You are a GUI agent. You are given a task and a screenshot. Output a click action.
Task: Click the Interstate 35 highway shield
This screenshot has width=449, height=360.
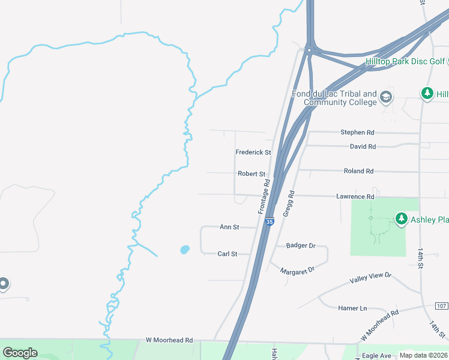click(x=270, y=222)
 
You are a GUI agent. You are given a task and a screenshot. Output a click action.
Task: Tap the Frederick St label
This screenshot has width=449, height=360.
click(x=253, y=152)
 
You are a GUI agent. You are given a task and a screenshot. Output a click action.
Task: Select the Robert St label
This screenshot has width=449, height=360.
click(x=252, y=174)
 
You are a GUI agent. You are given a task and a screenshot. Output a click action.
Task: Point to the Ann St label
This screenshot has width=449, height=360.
click(x=229, y=227)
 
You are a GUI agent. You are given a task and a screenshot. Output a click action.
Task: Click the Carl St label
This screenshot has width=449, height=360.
click(x=227, y=254)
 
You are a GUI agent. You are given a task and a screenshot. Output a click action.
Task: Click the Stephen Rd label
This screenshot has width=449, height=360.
click(x=357, y=132)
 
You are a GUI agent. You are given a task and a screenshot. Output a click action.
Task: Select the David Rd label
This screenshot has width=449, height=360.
click(x=363, y=146)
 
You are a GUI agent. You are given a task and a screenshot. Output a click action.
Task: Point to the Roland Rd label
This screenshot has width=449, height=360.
click(x=358, y=171)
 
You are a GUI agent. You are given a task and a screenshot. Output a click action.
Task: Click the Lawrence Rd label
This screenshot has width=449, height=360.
click(x=355, y=197)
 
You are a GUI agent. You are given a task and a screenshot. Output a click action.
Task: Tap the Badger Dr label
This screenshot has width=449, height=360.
click(x=301, y=245)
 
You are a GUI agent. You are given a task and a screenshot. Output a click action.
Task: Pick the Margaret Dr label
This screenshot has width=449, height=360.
click(x=297, y=271)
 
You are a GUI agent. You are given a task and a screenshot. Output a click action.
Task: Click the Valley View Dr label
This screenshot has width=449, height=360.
click(x=370, y=278)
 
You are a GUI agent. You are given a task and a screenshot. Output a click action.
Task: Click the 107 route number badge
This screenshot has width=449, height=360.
click(x=441, y=306)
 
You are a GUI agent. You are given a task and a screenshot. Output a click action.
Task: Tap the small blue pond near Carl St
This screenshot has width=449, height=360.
click(x=185, y=249)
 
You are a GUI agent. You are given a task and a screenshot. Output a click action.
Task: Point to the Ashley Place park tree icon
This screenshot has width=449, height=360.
click(x=401, y=220)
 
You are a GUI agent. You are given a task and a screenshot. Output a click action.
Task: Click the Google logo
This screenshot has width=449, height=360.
click(x=20, y=353)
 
